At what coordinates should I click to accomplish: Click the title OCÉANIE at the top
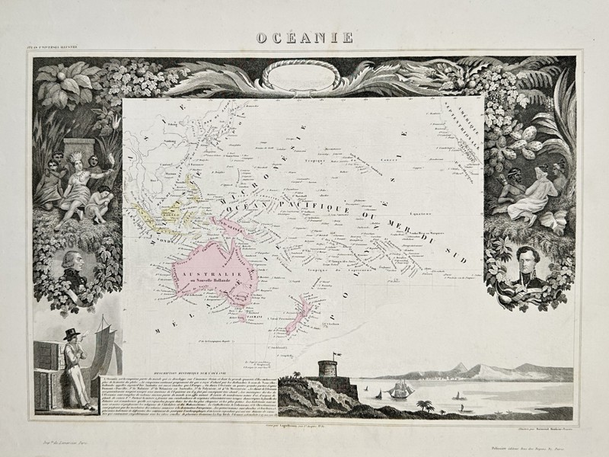(304, 37)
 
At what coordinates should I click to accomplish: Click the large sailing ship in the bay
(399, 392)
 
